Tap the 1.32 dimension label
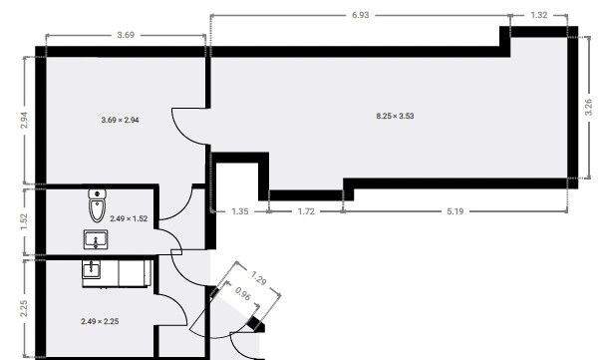pos(539,16)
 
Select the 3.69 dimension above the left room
pos(127,35)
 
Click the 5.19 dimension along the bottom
pos(457,211)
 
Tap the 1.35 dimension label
pos(239,211)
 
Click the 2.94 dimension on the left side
pos(24,120)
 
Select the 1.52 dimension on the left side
pos(24,220)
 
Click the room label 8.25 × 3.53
pos(394,117)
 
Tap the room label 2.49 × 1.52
pos(129,218)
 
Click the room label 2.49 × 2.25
pos(99,321)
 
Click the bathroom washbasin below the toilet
pos(97,239)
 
